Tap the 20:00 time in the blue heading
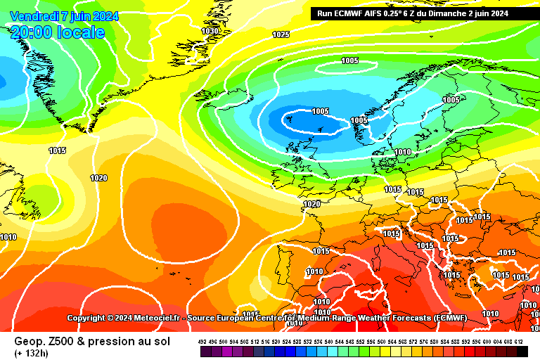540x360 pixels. click(x=32, y=32)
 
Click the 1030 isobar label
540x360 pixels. click(x=210, y=31)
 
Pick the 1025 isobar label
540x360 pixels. click(x=281, y=34)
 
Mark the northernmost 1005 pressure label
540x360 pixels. click(x=350, y=60)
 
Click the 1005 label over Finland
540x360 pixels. click(x=451, y=100)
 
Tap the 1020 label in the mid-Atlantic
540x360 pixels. click(x=98, y=178)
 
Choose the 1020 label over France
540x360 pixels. click(x=311, y=204)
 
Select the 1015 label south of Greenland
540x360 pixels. click(x=58, y=150)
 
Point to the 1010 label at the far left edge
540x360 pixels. click(x=8, y=237)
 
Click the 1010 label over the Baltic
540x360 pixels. click(x=403, y=152)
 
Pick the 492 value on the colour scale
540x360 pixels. click(x=202, y=341)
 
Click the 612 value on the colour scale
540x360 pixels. click(x=519, y=341)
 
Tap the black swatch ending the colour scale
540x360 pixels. click(x=522, y=350)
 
